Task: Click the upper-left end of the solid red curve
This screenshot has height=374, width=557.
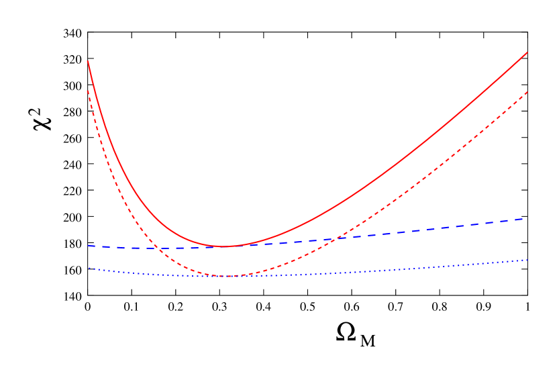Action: pos(88,62)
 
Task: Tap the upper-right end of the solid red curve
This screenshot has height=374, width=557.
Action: pos(527,52)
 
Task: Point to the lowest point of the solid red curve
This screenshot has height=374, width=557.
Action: pos(224,246)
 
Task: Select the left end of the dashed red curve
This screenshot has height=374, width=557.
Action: pos(88,91)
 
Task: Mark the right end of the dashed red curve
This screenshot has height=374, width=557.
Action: pos(527,92)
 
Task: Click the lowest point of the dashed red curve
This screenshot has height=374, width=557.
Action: pos(224,276)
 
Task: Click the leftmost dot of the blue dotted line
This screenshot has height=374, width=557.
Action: pos(89,268)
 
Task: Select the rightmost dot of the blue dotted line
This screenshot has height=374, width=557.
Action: pos(527,260)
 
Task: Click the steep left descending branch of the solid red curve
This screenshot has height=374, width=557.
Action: pos(114,154)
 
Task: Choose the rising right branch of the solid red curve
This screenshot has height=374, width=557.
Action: pos(403,161)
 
